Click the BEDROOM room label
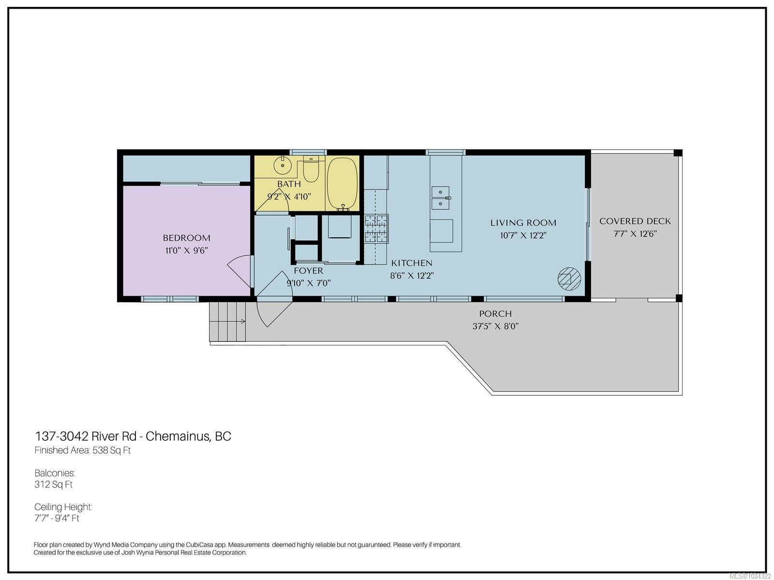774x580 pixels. [186, 238]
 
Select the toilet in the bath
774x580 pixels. [311, 170]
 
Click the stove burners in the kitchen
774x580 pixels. [376, 229]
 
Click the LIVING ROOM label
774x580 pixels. [523, 223]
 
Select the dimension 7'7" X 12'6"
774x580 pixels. [635, 234]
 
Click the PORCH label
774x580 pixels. [495, 314]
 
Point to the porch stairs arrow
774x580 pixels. [240, 321]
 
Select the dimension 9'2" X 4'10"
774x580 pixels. [289, 197]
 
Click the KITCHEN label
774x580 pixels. [412, 263]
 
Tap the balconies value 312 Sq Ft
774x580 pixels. [53, 484]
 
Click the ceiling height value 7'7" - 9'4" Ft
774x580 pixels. [57, 519]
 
